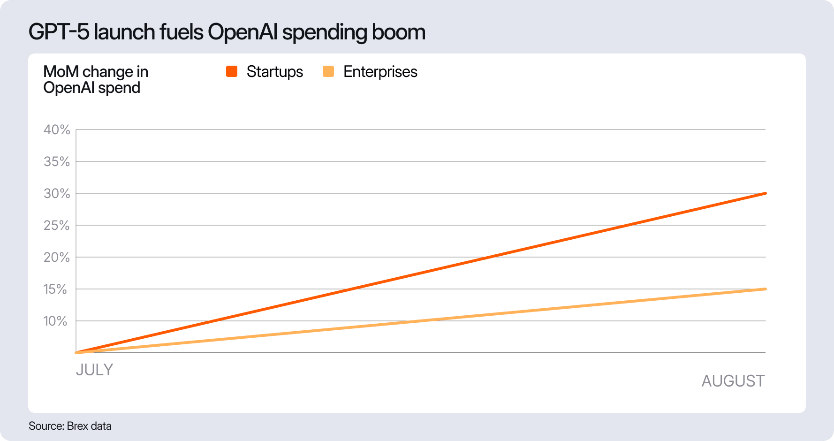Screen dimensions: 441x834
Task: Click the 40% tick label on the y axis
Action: (x=57, y=130)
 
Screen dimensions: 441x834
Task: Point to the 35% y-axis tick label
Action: (x=57, y=162)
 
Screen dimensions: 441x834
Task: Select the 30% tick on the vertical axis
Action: (x=57, y=194)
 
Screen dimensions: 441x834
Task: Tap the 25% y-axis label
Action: (x=57, y=226)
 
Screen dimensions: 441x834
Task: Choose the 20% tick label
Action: (x=57, y=258)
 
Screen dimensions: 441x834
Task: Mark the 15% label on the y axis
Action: (x=55, y=289)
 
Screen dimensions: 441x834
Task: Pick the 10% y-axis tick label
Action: (x=55, y=321)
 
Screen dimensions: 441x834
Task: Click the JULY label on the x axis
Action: (x=94, y=370)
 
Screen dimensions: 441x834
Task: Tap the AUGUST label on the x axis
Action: (x=733, y=381)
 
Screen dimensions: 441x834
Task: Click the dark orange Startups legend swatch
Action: (x=232, y=71)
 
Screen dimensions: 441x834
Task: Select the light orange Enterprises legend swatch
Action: (x=328, y=71)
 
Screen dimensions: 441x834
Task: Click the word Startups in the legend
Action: (x=275, y=72)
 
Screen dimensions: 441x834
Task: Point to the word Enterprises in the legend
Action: (x=380, y=72)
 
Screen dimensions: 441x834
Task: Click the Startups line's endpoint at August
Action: (x=765, y=193)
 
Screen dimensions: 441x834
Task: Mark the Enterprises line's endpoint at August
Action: (x=765, y=289)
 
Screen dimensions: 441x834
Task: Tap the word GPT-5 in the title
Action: (x=59, y=32)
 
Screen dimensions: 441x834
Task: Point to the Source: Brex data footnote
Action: (x=70, y=426)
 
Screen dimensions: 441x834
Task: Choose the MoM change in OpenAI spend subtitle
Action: (x=96, y=80)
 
